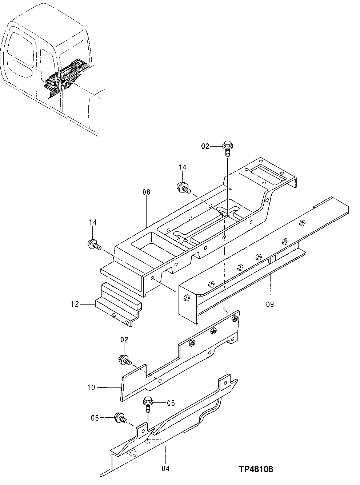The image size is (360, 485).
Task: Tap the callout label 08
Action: (x=146, y=191)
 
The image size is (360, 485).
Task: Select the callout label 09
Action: (x=270, y=304)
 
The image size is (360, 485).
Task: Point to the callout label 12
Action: (x=75, y=304)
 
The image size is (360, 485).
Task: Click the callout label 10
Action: (x=91, y=388)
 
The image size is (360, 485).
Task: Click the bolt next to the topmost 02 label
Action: (x=227, y=148)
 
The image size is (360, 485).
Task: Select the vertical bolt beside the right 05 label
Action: (x=149, y=403)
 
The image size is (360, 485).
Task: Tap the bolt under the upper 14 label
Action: (x=182, y=188)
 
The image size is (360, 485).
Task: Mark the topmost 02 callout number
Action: (x=205, y=146)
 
